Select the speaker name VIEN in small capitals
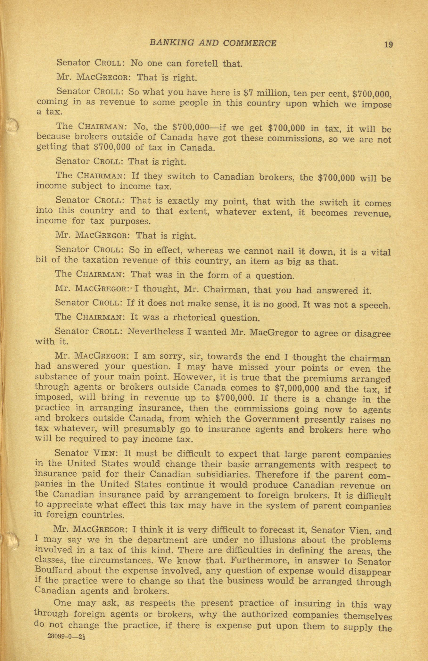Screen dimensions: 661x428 point(106,454)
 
